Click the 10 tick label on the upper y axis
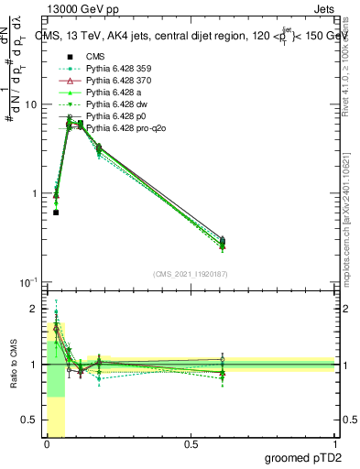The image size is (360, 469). tap(30, 104)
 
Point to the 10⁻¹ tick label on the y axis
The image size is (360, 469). tap(28, 282)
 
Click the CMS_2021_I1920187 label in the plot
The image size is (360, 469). tap(190, 274)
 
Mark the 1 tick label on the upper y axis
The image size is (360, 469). tap(33, 193)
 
